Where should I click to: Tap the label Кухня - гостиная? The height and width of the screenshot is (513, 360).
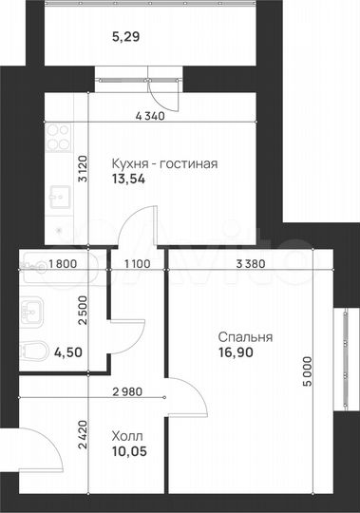(x=164, y=162)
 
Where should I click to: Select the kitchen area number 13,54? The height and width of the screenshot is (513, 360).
(x=128, y=178)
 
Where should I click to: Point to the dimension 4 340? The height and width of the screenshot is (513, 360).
(x=150, y=116)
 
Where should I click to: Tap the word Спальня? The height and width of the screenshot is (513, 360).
(x=245, y=336)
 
